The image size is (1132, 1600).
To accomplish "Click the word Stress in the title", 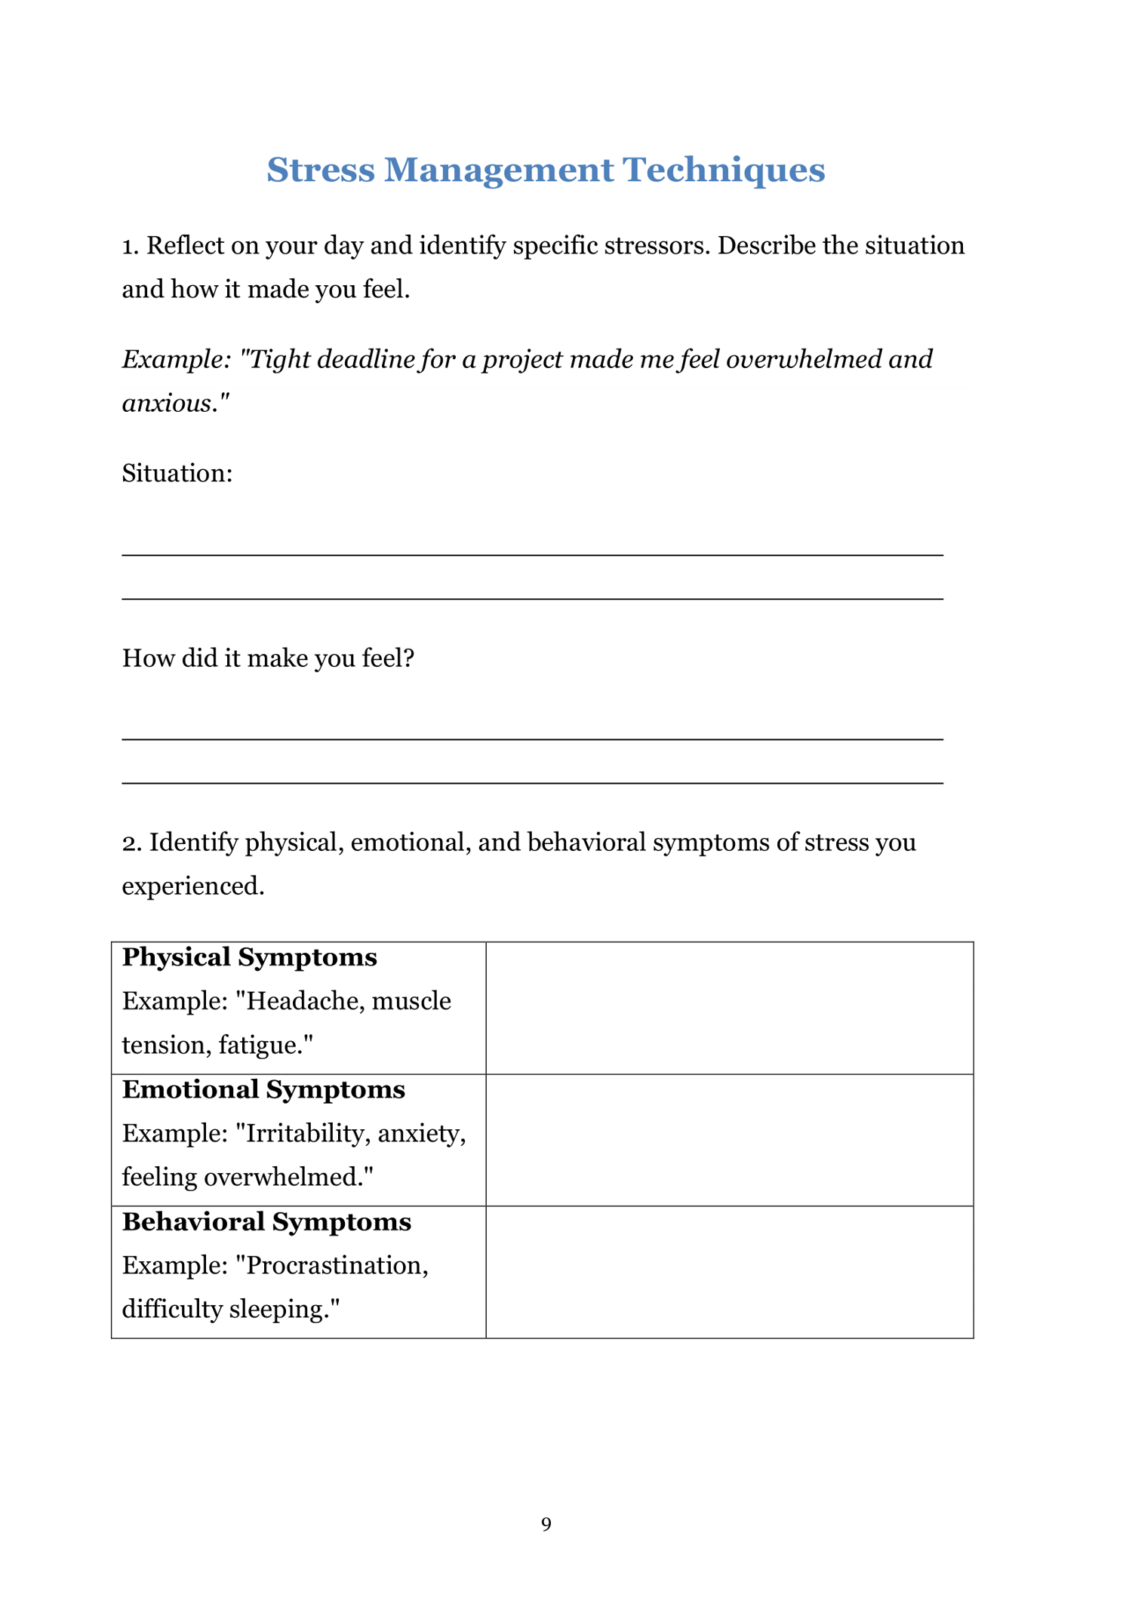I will point(321,170).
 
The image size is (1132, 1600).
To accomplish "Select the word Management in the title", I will point(499,170).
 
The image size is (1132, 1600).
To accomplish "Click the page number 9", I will point(546,1524).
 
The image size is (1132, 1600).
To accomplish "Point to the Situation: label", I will point(177,473).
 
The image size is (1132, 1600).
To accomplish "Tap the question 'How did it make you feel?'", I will point(268,658).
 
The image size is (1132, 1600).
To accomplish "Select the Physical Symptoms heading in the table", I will point(249,957).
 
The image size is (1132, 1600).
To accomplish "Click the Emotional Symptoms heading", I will point(263,1089).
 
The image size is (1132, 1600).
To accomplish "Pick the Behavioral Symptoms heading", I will point(266,1221).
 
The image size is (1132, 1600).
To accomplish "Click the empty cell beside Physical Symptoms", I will point(729,1008).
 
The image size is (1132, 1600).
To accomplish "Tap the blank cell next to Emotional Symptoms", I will point(729,1140).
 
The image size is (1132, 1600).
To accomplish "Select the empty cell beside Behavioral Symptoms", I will point(729,1272).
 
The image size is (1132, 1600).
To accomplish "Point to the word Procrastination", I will point(337,1265).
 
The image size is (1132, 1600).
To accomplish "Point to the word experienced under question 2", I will point(192,886).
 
